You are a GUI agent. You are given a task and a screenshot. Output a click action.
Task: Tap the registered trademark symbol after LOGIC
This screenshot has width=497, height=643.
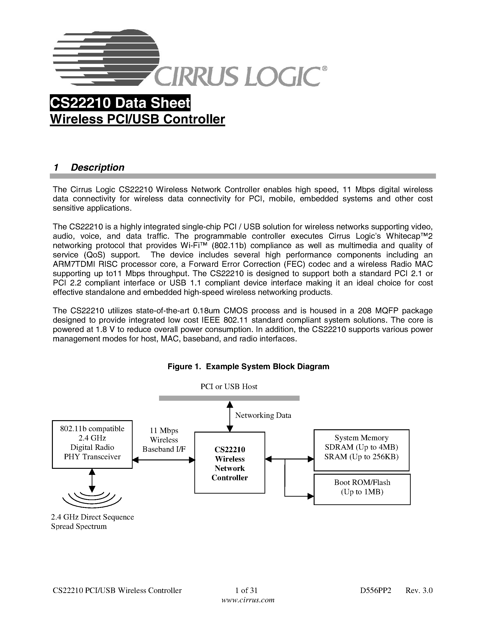(x=324, y=69)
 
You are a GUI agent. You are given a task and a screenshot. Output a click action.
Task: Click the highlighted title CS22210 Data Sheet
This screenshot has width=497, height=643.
(x=120, y=103)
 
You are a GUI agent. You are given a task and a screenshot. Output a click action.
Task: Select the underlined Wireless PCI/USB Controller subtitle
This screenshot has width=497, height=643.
(x=138, y=119)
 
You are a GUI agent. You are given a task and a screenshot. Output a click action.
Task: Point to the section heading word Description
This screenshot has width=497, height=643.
(x=98, y=167)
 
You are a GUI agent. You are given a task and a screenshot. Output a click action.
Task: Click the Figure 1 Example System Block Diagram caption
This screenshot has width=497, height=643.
(x=248, y=367)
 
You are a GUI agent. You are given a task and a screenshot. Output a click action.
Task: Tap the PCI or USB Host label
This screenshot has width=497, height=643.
(x=229, y=387)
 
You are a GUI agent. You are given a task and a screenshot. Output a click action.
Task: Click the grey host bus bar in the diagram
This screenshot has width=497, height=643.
(x=229, y=398)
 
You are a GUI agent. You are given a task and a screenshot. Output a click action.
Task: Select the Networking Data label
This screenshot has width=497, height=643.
(x=263, y=415)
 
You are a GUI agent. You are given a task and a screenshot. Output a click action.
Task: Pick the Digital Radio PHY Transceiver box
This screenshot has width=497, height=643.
(x=92, y=444)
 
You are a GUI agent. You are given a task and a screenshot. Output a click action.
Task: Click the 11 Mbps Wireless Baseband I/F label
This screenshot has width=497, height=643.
(x=164, y=440)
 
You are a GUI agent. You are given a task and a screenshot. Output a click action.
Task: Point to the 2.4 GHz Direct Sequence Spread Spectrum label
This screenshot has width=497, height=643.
(x=92, y=522)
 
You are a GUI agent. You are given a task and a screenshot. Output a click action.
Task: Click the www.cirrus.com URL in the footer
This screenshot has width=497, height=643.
(x=248, y=600)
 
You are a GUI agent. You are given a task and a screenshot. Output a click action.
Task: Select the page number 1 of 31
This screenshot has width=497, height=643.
(x=247, y=590)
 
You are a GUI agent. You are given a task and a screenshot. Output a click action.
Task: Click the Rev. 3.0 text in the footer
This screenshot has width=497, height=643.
(x=419, y=590)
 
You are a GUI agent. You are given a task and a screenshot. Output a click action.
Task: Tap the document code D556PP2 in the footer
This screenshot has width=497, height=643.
(x=375, y=590)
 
